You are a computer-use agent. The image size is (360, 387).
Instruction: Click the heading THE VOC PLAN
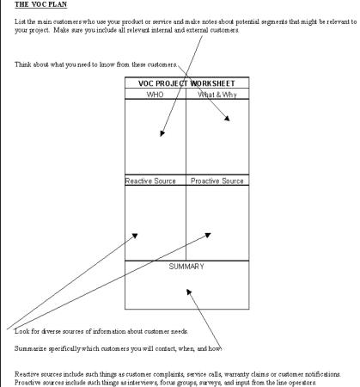[x=40, y=4]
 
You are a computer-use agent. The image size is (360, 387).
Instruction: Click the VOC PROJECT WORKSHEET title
[x=186, y=83]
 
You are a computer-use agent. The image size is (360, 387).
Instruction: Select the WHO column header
[x=155, y=95]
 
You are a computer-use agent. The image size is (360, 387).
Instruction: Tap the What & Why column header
[x=217, y=95]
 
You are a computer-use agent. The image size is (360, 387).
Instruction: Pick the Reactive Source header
[x=150, y=181]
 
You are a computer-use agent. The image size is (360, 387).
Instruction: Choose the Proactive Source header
[x=217, y=181]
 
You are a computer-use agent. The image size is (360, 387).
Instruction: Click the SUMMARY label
[x=186, y=267]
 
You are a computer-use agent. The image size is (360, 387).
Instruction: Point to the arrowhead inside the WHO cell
[x=162, y=133]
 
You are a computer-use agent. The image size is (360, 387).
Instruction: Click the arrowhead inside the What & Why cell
[x=227, y=118]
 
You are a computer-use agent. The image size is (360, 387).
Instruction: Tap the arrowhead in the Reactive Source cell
[x=135, y=236]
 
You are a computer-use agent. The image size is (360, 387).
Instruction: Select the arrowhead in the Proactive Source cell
[x=208, y=235]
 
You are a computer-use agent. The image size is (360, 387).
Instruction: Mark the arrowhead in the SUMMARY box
[x=189, y=292]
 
